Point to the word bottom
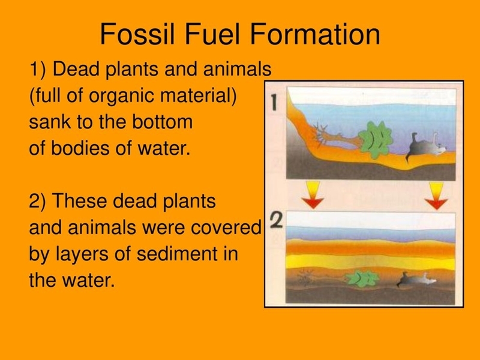point(162,122)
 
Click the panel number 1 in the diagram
point(274,102)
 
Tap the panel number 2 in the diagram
point(276,220)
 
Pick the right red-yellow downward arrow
point(436,196)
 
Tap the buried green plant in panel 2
point(362,278)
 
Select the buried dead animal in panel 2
point(416,279)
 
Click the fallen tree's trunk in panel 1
point(337,138)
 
